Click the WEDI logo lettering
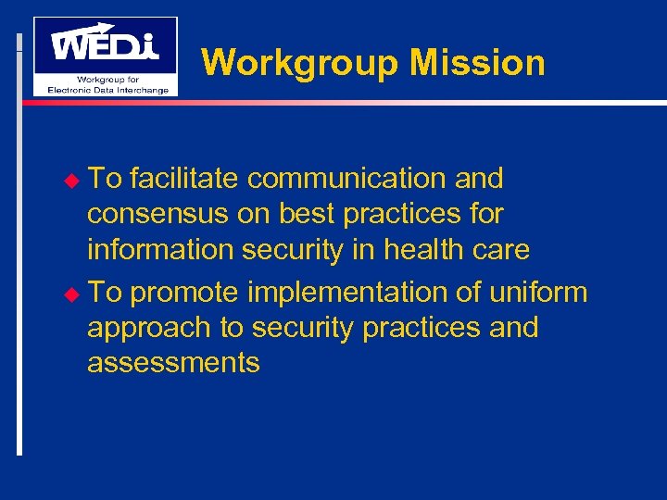(105, 44)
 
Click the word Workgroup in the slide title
(301, 63)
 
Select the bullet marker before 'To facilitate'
(77, 179)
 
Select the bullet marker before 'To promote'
(77, 294)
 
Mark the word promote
(186, 293)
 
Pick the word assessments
(173, 363)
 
